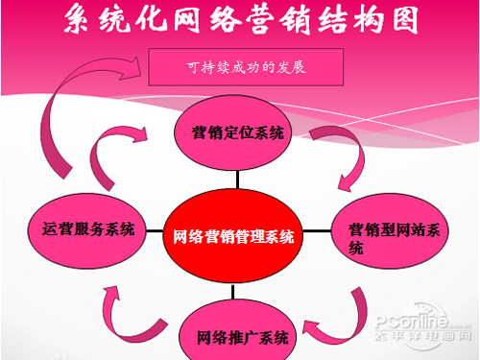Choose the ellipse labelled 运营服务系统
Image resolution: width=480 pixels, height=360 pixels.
[87, 229]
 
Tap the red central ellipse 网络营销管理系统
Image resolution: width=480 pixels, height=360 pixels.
[235, 235]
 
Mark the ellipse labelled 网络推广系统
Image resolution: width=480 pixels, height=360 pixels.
[235, 336]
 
